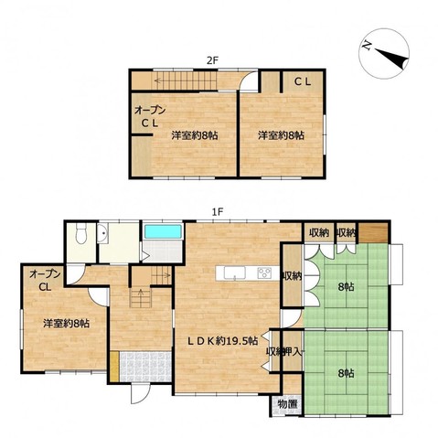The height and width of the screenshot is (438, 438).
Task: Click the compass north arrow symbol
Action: click(385, 54)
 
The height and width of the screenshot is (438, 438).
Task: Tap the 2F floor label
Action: click(212, 60)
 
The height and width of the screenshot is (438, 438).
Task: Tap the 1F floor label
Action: click(219, 211)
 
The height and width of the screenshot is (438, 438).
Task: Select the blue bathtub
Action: click(163, 231)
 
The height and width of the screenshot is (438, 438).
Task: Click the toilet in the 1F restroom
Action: click(81, 233)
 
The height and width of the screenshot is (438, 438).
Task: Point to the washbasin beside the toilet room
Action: click(102, 234)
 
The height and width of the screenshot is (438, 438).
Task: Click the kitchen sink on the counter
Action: click(234, 272)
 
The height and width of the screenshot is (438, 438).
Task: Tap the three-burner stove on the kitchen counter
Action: click(264, 272)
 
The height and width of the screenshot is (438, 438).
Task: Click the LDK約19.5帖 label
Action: click(222, 340)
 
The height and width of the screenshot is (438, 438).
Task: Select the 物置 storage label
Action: click(287, 404)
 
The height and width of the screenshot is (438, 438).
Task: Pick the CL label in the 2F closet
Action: click(303, 81)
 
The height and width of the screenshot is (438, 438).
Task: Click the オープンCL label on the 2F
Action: click(150, 116)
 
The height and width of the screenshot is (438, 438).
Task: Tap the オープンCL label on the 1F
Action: click(45, 281)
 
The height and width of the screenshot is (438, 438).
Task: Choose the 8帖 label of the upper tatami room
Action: click(346, 287)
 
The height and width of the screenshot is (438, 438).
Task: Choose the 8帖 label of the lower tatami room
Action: click(346, 373)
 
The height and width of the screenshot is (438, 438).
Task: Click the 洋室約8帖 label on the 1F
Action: click(66, 323)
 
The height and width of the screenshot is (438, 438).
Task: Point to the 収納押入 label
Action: click(284, 352)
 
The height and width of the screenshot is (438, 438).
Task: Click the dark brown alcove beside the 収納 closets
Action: click(373, 232)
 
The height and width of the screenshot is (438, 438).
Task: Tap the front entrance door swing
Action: click(141, 394)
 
